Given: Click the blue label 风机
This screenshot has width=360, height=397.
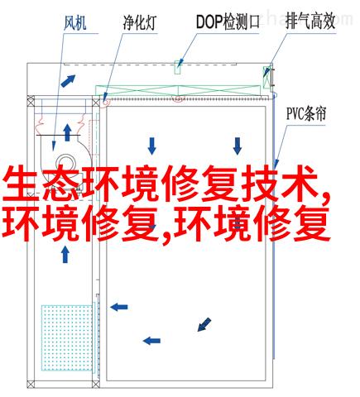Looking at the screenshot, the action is pos(75,23).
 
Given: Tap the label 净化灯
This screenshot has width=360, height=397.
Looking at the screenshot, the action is pos(140,22).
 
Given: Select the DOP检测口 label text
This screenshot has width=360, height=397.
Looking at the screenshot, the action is pos(228,22).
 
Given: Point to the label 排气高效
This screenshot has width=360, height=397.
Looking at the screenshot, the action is pos(310,22).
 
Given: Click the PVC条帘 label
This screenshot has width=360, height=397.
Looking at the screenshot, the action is pos(306,113).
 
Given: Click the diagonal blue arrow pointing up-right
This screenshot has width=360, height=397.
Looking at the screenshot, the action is pos(68,81).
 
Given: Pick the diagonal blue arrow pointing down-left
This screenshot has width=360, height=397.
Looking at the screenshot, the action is pos(204,324).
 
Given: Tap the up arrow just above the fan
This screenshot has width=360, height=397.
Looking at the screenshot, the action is pos(67,132).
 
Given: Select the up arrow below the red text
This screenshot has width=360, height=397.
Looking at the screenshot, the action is pos(65,254).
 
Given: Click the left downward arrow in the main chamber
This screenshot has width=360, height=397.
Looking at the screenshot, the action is pos(151,146).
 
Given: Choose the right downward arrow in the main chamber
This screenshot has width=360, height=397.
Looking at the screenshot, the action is pos(238,146).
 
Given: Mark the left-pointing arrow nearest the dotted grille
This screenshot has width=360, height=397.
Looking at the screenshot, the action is pos(119,307).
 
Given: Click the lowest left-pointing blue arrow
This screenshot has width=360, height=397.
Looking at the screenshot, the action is pos(151,341).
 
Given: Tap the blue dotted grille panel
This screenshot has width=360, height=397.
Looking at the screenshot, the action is pos(67,337).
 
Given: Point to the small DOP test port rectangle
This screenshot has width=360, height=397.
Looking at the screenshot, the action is pos(177,67).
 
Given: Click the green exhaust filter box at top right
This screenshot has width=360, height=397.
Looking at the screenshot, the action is pos(266,77).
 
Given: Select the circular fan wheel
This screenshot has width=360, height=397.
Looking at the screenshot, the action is pos(65,163).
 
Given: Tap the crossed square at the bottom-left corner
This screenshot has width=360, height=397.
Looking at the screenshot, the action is pos(31,385).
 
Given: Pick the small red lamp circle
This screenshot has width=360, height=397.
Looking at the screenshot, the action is pos(105,103).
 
